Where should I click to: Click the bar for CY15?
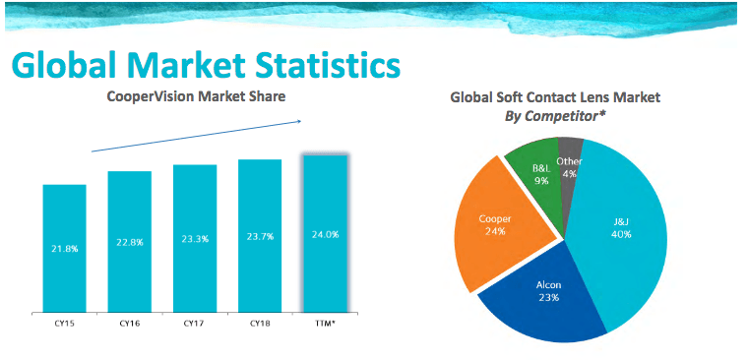click(64, 248)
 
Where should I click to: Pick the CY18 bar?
click(259, 236)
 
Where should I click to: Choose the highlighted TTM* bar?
click(325, 233)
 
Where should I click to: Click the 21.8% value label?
click(64, 249)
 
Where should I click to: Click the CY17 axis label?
click(194, 323)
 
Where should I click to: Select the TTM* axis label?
click(325, 323)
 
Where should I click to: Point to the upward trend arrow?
click(197, 136)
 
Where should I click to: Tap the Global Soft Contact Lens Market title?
click(555, 97)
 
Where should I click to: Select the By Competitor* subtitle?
click(554, 117)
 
